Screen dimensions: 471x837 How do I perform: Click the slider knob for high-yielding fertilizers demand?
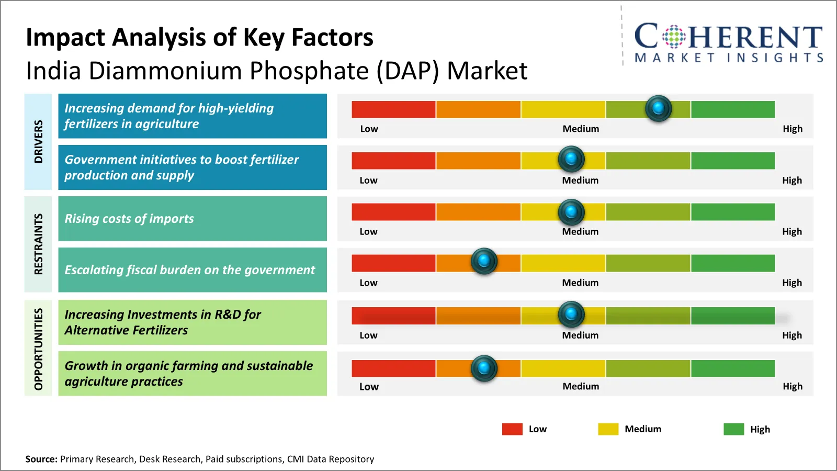658,108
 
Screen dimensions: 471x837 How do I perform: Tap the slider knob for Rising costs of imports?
571,212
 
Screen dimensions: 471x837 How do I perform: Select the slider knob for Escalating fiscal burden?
484,261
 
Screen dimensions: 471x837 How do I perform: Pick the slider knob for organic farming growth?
484,368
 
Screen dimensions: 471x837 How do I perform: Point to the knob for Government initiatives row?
571,159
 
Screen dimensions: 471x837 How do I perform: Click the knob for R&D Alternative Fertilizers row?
571,314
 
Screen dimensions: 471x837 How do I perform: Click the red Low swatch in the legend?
512,429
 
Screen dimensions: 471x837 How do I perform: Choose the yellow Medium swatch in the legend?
608,429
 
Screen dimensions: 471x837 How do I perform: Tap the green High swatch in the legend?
733,429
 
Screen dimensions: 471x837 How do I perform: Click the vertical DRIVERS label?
38,141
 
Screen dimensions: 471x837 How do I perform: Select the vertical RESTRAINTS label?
38,244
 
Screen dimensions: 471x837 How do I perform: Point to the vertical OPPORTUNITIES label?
38,349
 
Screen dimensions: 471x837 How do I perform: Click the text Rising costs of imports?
129,219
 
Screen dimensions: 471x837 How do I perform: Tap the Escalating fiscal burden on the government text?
189,270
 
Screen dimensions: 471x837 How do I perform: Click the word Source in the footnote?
41,459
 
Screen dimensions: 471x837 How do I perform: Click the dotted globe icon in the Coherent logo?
674,37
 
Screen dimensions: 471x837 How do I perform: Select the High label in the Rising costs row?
792,231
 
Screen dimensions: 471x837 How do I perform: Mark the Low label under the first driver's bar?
369,129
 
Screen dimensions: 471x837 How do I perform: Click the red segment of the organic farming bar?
393,368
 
